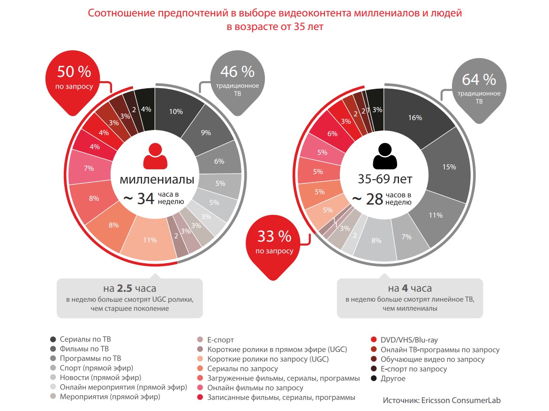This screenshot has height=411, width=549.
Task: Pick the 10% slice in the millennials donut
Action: [176, 112]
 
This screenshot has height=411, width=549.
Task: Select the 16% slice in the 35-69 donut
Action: [415, 118]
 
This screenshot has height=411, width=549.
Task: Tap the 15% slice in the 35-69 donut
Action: [449, 167]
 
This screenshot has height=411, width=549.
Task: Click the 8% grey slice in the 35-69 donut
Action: [376, 241]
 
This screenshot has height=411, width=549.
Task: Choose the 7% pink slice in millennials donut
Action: [88, 167]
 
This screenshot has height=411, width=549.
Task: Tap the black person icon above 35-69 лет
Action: [385, 156]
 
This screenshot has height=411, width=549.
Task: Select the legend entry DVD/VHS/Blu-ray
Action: [409, 340]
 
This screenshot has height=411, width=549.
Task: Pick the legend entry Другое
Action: [392, 378]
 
